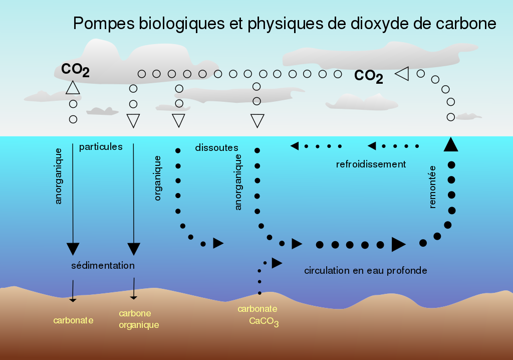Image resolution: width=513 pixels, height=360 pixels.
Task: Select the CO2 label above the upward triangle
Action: point(75,70)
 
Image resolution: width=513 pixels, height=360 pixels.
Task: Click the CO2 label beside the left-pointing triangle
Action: point(368,76)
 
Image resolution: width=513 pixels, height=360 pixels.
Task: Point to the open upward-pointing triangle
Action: point(73,88)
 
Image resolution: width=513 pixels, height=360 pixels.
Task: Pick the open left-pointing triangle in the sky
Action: point(402,74)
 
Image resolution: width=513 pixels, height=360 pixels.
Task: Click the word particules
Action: point(101,147)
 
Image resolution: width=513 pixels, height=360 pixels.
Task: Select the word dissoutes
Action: point(216,148)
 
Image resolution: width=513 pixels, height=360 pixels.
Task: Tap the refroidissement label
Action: point(371,164)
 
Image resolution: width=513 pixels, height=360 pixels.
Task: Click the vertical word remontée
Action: point(433,187)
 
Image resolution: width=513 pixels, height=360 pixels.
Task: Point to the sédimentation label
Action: point(103,265)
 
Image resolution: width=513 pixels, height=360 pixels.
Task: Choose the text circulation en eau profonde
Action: point(366,270)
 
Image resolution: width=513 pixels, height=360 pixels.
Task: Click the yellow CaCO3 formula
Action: point(264,321)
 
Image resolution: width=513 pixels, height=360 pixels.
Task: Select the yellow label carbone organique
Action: point(138,319)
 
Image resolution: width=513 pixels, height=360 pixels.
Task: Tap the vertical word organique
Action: point(158,178)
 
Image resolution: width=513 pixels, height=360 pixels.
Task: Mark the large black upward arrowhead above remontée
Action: point(451,144)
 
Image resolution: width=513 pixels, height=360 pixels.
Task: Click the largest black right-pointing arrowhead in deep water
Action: point(398,244)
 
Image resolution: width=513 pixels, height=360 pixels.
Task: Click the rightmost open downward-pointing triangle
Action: point(257,121)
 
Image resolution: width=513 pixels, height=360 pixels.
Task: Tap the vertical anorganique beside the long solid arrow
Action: point(59,175)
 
